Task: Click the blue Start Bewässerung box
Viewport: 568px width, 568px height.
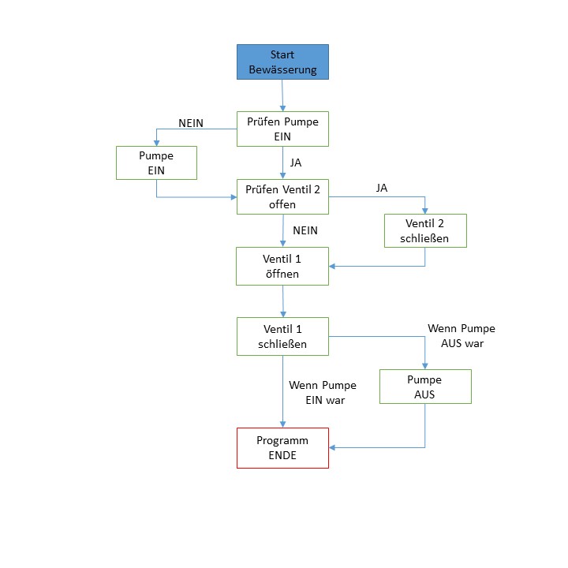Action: [x=282, y=62]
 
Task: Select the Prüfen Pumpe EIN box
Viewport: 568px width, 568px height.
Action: [x=282, y=129]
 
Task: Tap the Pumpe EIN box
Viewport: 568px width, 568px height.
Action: [x=155, y=163]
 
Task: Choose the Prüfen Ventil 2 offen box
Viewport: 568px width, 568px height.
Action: [x=282, y=196]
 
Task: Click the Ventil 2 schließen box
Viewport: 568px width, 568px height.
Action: [x=425, y=230]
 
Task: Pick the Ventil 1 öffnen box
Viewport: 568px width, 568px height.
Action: [x=282, y=266]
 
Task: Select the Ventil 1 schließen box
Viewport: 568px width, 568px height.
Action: [x=282, y=336]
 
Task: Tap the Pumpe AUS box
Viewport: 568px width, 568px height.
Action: [x=425, y=387]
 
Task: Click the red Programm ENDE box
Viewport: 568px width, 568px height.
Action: [x=282, y=447]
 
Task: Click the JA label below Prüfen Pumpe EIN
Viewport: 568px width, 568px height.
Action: [x=296, y=163]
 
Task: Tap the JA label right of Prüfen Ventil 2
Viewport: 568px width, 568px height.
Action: [x=382, y=188]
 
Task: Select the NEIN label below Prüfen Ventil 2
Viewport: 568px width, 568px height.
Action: [x=305, y=230]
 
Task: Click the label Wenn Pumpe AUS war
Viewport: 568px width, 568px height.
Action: [x=461, y=335]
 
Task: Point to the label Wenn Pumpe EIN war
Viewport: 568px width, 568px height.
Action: [x=322, y=392]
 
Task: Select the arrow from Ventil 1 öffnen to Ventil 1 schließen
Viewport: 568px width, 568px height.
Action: [x=282, y=301]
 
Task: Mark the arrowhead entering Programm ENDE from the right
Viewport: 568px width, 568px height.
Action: [x=333, y=447]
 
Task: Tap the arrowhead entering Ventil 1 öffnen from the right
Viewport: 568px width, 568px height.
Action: [x=333, y=266]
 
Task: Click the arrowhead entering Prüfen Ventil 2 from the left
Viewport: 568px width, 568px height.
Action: [x=233, y=196]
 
